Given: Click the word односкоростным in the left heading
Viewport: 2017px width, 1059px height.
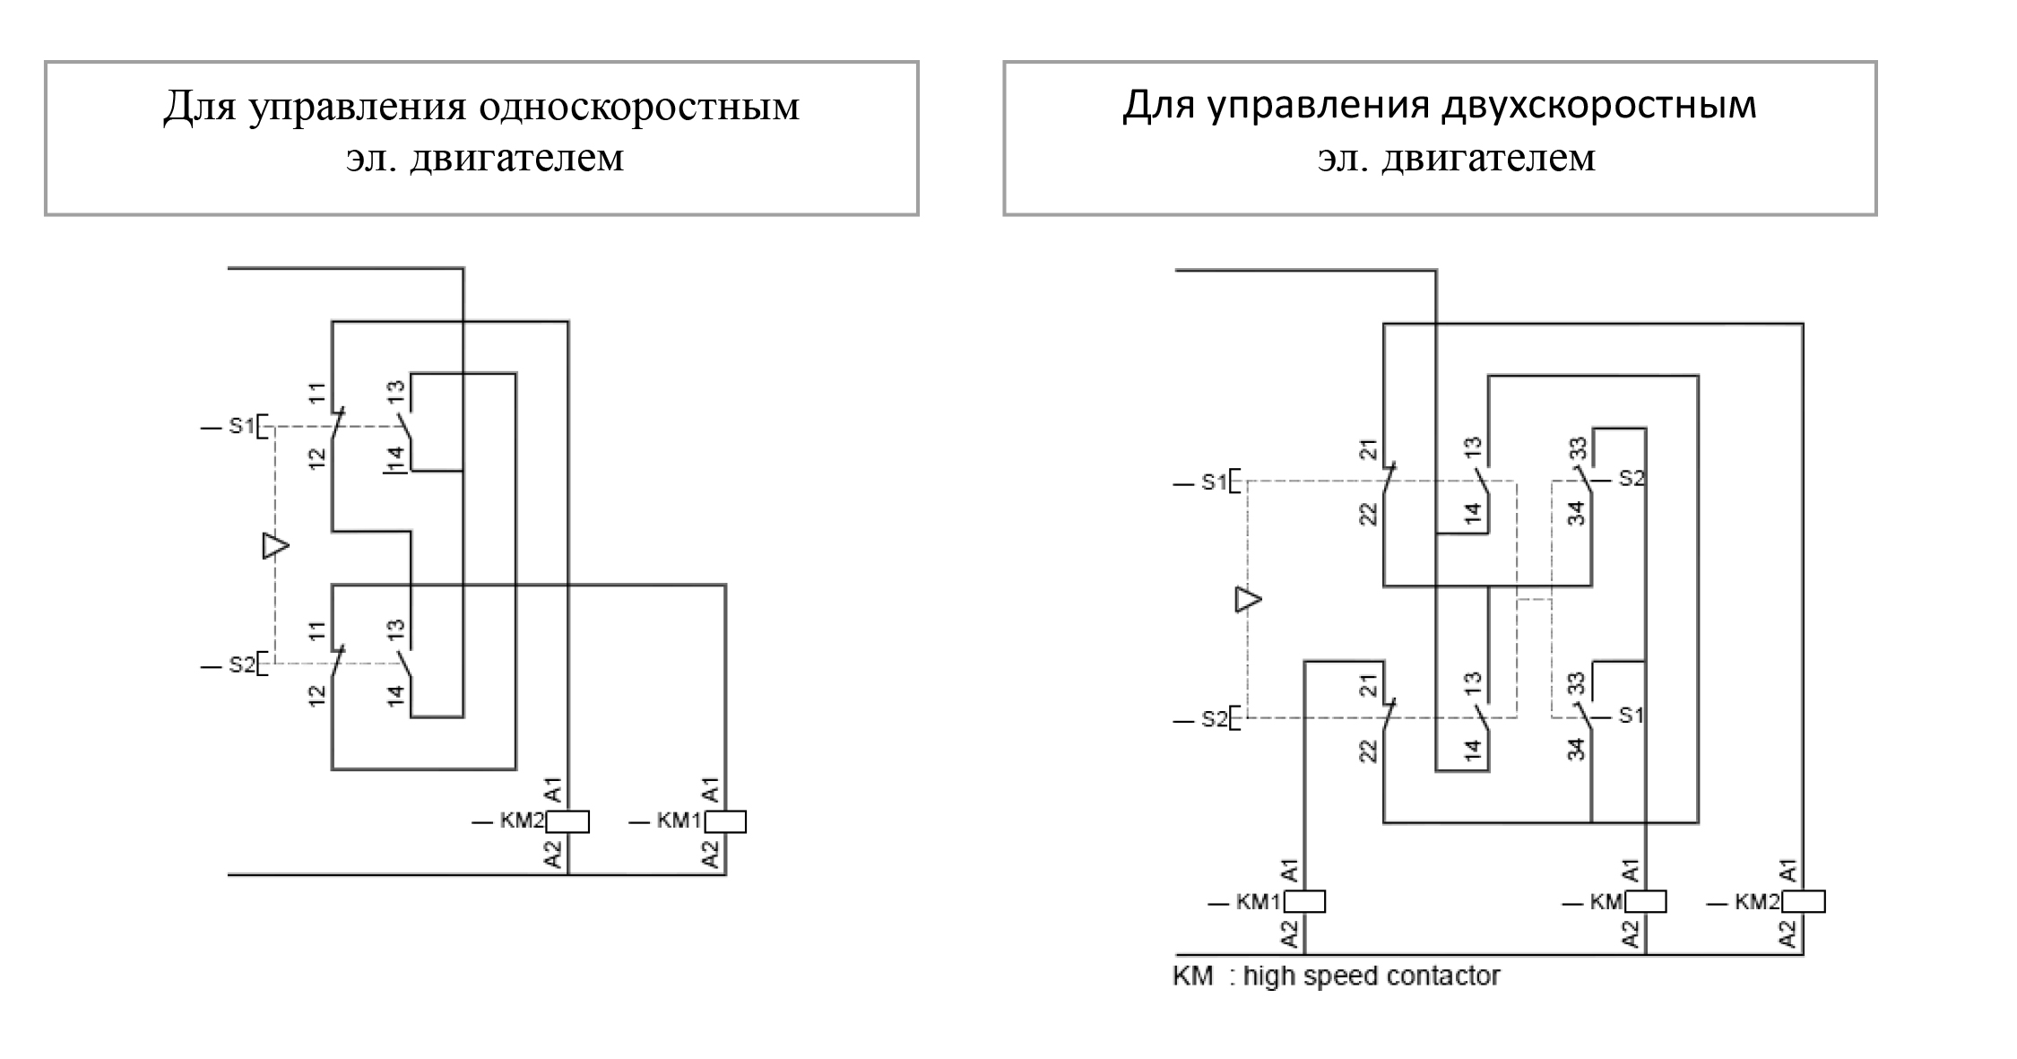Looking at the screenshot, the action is point(638,107).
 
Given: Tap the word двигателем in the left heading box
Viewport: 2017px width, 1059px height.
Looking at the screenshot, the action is point(516,159).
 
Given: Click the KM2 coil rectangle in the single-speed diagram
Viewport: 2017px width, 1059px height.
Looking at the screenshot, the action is point(567,821).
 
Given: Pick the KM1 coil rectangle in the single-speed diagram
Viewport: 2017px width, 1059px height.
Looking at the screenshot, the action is point(725,821).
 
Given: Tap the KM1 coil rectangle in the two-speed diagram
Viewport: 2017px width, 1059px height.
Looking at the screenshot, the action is point(1304,901).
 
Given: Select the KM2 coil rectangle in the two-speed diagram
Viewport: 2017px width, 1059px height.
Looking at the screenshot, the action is point(1804,901).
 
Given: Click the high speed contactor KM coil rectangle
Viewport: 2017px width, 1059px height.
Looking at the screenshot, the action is point(1645,901).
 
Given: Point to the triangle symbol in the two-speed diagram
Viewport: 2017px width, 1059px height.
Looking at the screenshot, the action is point(1248,599).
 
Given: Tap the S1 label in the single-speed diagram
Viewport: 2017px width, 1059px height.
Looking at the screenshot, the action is point(241,426).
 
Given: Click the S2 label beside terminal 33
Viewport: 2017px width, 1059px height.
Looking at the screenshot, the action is point(1632,478).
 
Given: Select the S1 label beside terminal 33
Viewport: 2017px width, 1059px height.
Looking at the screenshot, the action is point(1632,716).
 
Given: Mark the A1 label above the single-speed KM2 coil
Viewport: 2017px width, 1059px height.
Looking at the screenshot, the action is point(553,790).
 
